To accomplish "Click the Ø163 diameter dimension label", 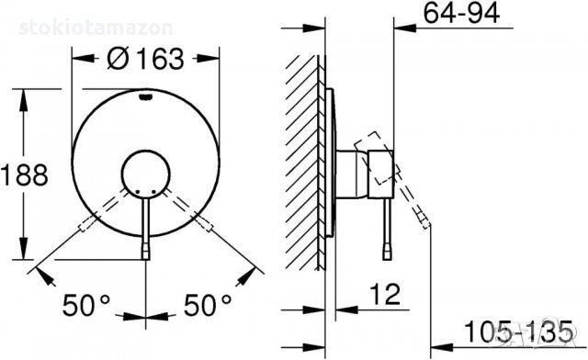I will point(145,59).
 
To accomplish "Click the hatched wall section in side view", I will point(301,165).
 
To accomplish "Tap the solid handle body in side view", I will point(379,173).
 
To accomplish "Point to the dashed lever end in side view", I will point(424,219).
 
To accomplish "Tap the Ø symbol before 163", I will point(118,59).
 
